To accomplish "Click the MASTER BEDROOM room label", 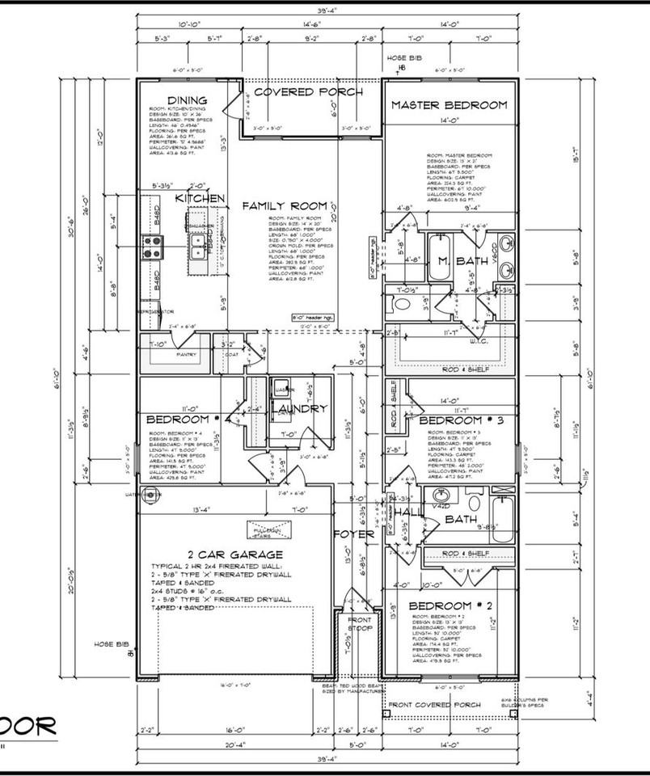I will [x=449, y=105].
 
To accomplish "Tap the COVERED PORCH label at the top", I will [x=308, y=92].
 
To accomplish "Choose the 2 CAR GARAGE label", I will [x=234, y=555].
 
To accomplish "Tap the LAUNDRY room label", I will [x=300, y=409].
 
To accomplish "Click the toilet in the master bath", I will [x=404, y=305].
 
